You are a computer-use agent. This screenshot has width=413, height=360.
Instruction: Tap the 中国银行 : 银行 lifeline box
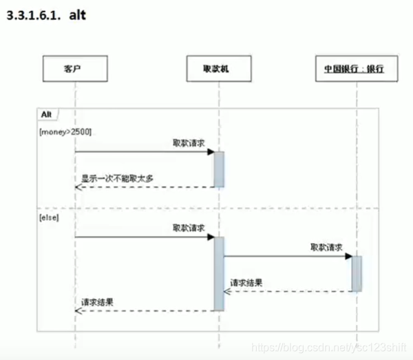[x=353, y=68]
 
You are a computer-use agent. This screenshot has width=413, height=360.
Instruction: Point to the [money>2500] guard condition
[x=66, y=129]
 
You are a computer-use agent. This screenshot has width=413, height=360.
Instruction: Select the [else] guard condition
[x=50, y=217]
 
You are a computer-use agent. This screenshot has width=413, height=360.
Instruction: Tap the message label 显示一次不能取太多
[x=117, y=178]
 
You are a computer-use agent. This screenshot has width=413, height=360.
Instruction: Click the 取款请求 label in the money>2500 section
[x=189, y=142]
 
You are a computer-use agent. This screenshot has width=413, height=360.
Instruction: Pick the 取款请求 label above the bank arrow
[x=326, y=246]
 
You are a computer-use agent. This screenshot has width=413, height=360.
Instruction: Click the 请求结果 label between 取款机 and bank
[x=246, y=282]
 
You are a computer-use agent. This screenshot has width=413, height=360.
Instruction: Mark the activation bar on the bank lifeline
[x=357, y=273]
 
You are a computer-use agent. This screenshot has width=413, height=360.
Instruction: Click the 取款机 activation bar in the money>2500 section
[x=219, y=169]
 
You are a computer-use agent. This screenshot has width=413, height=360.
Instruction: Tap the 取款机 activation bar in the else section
[x=219, y=273]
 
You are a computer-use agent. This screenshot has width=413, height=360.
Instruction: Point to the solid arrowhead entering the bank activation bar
[x=348, y=256]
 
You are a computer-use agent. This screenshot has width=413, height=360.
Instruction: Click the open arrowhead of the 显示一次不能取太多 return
[x=78, y=187]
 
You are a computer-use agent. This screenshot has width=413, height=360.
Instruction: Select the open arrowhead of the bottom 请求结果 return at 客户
[x=78, y=310]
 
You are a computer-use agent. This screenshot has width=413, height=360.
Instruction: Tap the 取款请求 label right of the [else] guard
[x=189, y=227]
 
